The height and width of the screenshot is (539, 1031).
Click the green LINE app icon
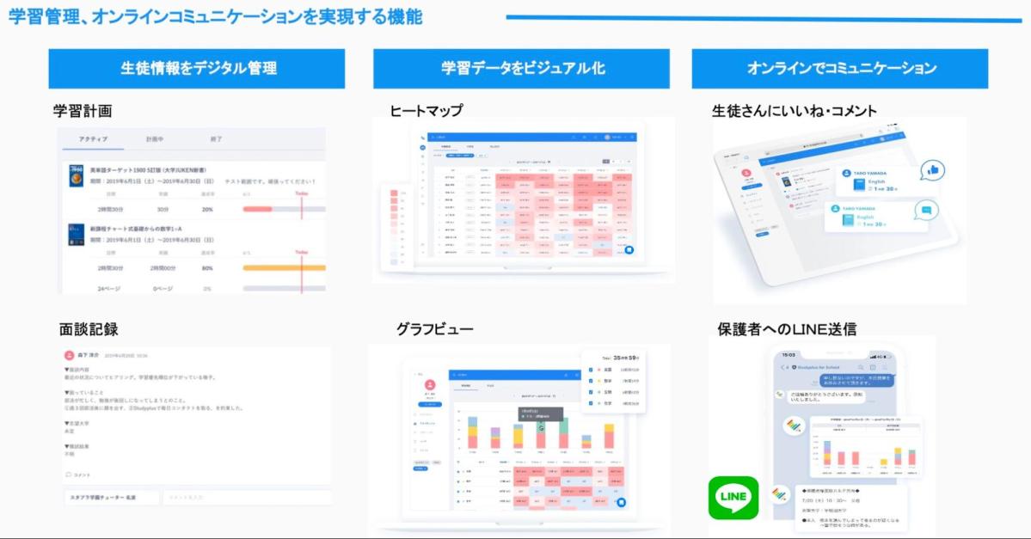[733, 498]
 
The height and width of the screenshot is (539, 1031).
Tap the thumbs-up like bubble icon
[931, 170]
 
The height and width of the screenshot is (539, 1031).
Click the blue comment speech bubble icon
[925, 210]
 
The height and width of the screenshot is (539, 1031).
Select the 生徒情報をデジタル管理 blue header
[197, 69]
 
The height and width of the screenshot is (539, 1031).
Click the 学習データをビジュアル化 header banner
[521, 69]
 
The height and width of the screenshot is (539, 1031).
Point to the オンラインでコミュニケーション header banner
[841, 69]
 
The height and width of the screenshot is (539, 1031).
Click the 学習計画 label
[83, 111]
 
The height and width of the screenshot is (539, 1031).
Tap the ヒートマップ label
[426, 111]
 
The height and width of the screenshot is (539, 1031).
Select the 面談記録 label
[89, 328]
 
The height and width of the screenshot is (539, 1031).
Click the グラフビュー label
[434, 328]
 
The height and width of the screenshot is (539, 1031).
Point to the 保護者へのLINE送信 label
[787, 328]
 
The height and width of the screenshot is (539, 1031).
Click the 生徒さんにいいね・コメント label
[795, 111]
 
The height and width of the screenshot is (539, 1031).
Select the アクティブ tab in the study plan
[93, 139]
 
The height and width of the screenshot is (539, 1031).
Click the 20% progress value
[207, 209]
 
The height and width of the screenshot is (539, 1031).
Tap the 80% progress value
[207, 268]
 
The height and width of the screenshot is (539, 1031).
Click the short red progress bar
[257, 209]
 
